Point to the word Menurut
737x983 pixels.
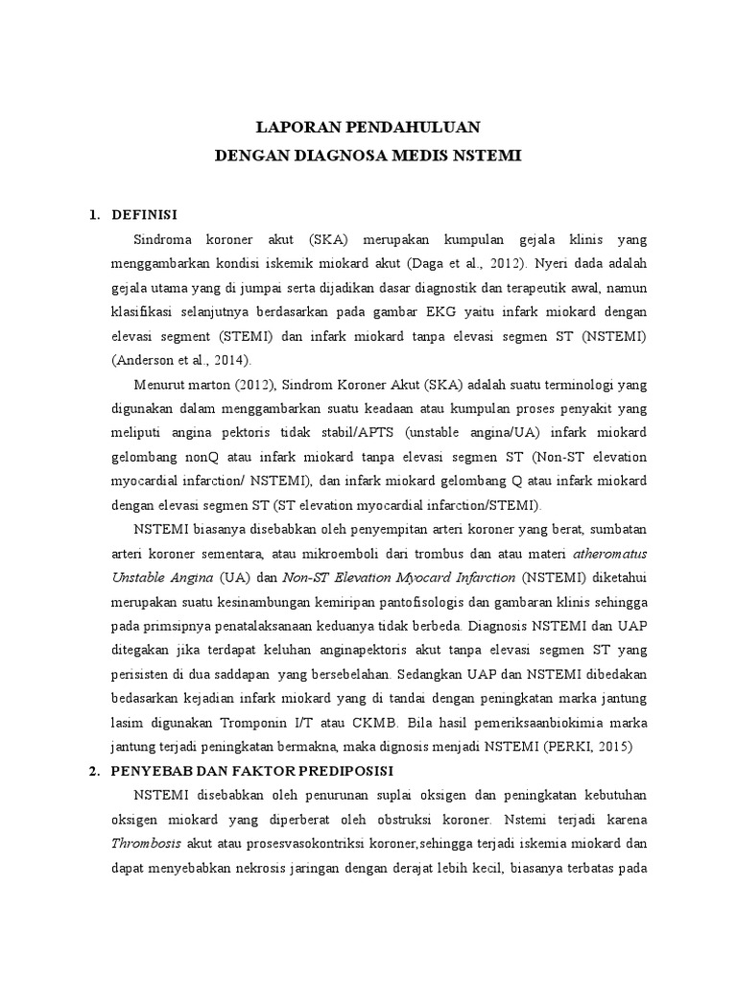(x=165, y=384)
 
